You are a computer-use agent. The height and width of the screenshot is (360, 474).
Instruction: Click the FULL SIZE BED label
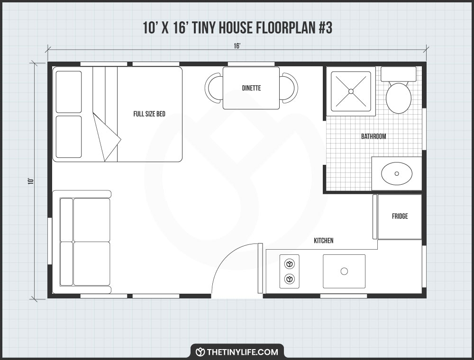click(x=149, y=114)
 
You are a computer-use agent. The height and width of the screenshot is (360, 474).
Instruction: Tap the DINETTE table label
click(x=251, y=88)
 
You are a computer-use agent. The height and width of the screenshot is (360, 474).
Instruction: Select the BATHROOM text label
click(x=374, y=136)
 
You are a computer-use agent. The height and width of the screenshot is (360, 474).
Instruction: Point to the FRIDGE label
click(x=400, y=216)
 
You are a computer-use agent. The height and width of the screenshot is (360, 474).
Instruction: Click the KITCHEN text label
click(x=323, y=241)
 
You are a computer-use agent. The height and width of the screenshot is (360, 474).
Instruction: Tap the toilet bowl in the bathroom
click(x=398, y=98)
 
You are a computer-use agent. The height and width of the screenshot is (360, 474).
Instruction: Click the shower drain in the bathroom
click(x=351, y=91)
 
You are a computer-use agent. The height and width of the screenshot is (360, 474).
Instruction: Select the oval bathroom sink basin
click(x=397, y=174)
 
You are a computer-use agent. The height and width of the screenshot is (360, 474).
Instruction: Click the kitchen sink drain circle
click(x=345, y=271)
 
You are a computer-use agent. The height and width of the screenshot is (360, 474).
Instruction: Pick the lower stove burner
click(x=289, y=279)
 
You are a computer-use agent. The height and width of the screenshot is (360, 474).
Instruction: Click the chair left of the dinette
click(x=214, y=88)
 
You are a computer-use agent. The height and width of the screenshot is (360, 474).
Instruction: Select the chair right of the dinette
click(x=289, y=88)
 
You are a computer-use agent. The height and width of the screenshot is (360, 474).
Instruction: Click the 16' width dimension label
click(x=237, y=45)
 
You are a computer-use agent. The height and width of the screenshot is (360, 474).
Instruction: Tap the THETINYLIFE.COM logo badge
click(x=237, y=351)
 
